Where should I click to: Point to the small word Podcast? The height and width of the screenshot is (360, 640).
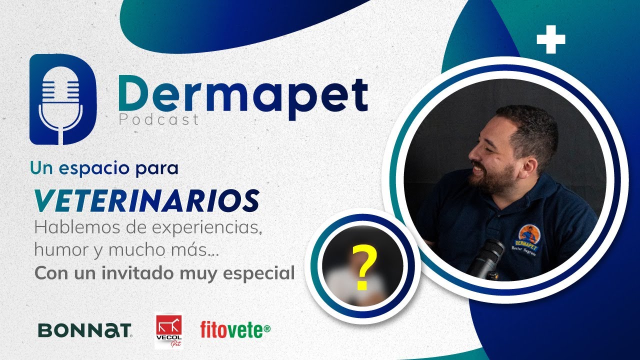(158, 120)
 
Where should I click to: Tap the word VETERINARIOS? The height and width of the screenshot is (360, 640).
(146, 200)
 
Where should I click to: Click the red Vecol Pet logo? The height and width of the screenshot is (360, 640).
(168, 330)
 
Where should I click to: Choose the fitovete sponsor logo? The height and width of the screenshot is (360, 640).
(235, 329)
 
